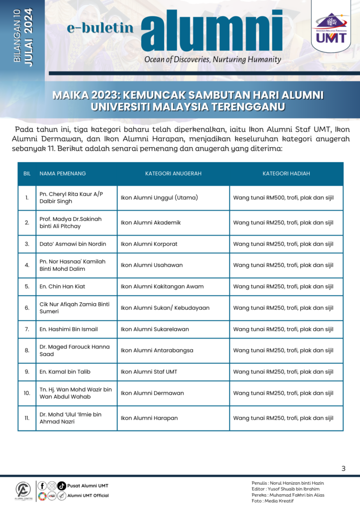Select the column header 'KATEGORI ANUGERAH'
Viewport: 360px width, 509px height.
click(x=173, y=173)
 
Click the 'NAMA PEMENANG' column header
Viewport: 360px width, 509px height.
click(x=63, y=173)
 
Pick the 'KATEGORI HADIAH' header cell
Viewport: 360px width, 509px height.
click(x=286, y=173)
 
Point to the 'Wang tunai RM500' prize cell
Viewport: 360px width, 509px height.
click(x=283, y=198)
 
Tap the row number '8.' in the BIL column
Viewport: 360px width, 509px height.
click(x=27, y=350)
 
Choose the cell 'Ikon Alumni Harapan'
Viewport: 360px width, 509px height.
click(x=149, y=418)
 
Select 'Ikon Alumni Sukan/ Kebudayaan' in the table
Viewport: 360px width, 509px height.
click(x=165, y=308)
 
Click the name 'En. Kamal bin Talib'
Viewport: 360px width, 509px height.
click(x=65, y=371)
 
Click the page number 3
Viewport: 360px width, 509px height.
click(x=343, y=468)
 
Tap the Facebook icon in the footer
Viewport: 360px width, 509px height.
click(x=42, y=486)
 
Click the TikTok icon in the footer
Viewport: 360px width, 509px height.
click(x=62, y=486)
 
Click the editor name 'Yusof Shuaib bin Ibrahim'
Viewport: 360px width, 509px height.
click(x=298, y=489)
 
